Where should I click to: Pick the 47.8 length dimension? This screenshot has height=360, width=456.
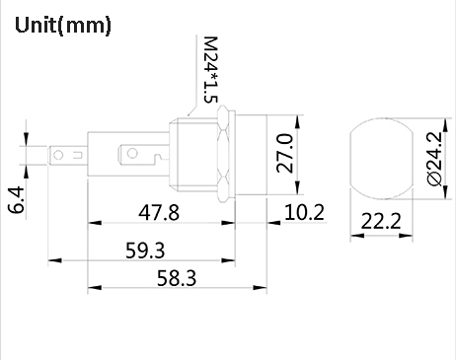[x=158, y=212]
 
